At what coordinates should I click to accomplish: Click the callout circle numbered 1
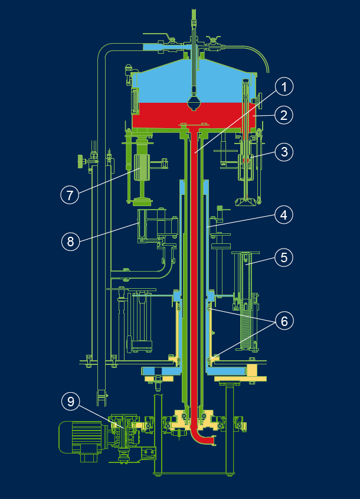point(284,88)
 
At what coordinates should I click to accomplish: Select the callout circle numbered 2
point(284,115)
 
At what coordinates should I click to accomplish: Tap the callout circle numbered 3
point(284,152)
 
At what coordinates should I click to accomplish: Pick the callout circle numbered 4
point(284,216)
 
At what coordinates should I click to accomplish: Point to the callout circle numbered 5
point(284,257)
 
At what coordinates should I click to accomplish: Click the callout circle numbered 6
point(284,321)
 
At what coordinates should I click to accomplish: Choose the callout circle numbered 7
point(70,194)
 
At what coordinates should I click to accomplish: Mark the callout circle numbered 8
point(70,241)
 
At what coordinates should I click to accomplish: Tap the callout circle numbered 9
point(70,402)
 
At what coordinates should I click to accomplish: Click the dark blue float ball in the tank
point(195,103)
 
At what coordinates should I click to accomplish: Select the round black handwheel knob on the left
point(78,159)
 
